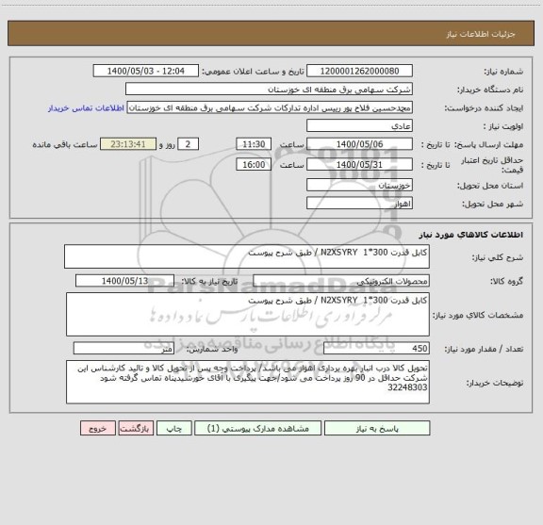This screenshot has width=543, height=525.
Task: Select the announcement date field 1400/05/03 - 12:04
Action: [148, 72]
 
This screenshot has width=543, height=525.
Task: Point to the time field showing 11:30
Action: [254, 143]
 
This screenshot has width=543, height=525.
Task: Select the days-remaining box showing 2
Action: [189, 143]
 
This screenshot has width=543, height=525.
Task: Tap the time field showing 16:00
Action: [254, 164]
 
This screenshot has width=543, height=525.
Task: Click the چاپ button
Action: [175, 427]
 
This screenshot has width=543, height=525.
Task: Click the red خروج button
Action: [95, 427]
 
